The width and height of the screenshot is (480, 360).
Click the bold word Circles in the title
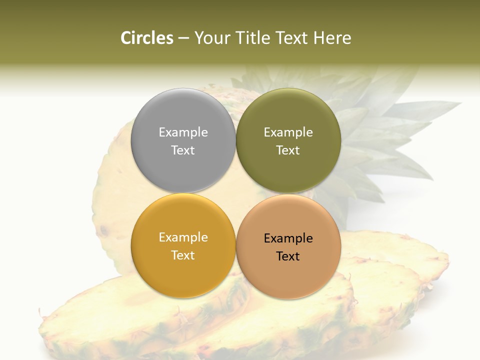[147, 38]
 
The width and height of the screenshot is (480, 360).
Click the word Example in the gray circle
[183, 132]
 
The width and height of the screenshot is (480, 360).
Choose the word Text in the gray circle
[183, 150]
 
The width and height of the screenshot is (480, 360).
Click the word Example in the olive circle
[288, 132]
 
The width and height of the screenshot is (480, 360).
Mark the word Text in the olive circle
[288, 150]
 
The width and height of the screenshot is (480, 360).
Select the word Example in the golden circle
[183, 237]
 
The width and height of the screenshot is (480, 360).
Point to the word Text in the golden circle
[183, 255]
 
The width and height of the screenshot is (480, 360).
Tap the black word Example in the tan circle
[288, 238]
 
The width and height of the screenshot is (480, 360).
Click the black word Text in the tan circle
[288, 256]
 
